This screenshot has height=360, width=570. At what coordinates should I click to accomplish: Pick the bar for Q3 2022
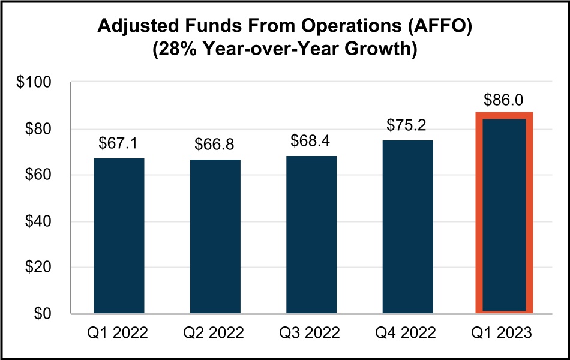click(x=311, y=235)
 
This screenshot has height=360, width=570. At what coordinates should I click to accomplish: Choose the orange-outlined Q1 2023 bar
click(x=504, y=213)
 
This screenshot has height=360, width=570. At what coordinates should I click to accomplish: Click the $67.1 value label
click(x=119, y=145)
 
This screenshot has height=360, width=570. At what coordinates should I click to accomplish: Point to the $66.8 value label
click(x=215, y=145)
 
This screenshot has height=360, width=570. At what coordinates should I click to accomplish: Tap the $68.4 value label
click(x=311, y=142)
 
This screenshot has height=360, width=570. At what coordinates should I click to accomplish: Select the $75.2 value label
click(x=407, y=126)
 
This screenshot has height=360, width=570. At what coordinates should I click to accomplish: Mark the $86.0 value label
click(x=504, y=100)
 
